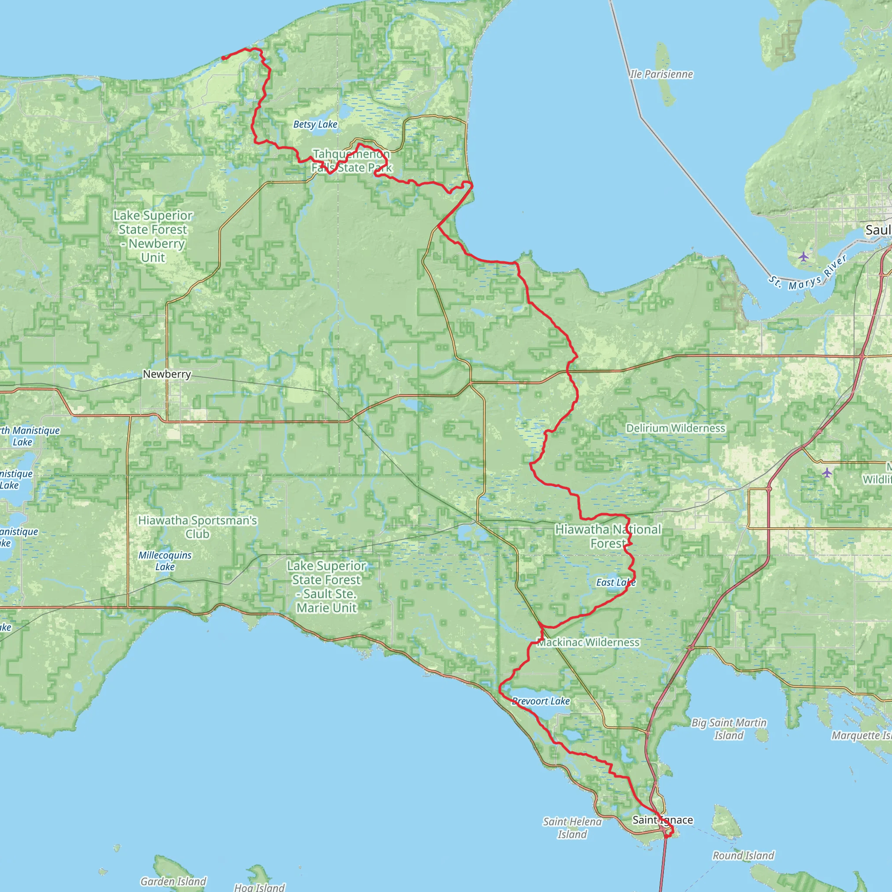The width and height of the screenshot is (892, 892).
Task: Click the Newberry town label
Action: point(167,374)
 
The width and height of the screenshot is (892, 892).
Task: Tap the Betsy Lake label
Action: point(315,124)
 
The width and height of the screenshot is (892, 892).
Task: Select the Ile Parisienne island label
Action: point(661,74)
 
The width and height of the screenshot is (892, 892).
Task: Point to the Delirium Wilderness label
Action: point(676,428)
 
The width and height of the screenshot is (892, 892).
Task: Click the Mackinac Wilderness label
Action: point(589,642)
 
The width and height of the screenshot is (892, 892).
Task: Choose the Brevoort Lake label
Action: point(541,701)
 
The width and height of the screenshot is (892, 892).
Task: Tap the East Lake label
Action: point(615,582)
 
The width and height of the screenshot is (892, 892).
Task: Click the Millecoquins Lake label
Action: point(165,561)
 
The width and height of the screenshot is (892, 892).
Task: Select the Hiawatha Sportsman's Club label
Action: point(198,527)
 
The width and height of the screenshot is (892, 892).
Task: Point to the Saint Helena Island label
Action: point(572,828)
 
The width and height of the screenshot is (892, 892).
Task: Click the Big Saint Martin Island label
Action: point(729,729)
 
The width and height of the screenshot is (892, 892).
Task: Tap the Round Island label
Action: point(743,855)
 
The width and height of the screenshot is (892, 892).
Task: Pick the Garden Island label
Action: point(173,882)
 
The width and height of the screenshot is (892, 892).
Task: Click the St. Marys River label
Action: point(808,274)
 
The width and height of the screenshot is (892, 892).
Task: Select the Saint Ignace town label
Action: point(662,820)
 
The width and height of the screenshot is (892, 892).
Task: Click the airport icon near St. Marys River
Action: point(804,257)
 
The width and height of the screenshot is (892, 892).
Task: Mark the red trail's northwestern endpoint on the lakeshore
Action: point(224,58)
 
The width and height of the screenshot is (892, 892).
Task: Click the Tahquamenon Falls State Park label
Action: point(351,161)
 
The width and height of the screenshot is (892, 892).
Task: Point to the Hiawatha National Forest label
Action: point(608,537)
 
